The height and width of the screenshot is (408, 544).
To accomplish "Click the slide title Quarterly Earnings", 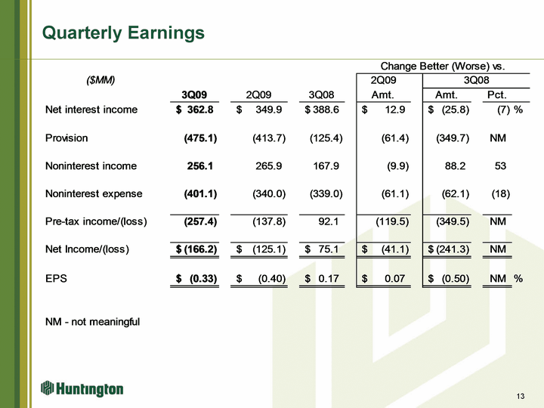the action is [123, 33].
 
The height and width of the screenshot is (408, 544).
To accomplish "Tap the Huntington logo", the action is [82, 388].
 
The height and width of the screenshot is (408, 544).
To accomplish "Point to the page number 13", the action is [521, 396].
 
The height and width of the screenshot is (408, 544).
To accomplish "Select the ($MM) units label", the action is [100, 80].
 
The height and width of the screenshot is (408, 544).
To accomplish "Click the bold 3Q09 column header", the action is [194, 94].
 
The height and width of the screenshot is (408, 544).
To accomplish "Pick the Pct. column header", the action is [497, 94].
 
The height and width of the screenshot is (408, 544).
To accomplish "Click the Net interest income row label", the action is [91, 110].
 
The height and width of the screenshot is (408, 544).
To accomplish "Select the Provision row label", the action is [66, 138].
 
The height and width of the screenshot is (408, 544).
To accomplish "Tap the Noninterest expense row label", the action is [94, 193].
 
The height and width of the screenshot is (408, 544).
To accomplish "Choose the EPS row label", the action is [56, 278].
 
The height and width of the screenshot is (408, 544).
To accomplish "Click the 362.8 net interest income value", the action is [200, 110].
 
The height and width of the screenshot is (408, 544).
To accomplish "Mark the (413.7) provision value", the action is [269, 138].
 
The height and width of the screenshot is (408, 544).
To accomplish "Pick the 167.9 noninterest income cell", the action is [326, 165].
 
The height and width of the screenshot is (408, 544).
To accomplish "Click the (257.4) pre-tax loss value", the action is [200, 221].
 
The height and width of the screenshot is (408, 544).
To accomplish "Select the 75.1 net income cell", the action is [328, 249].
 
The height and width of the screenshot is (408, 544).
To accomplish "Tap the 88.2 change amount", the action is [455, 165].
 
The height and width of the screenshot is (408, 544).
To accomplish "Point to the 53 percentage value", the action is [500, 165].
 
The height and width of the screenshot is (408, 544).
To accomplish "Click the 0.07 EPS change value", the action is [395, 278].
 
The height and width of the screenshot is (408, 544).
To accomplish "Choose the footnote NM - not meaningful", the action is [93, 322].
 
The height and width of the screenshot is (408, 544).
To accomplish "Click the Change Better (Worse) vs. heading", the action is [443, 66].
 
